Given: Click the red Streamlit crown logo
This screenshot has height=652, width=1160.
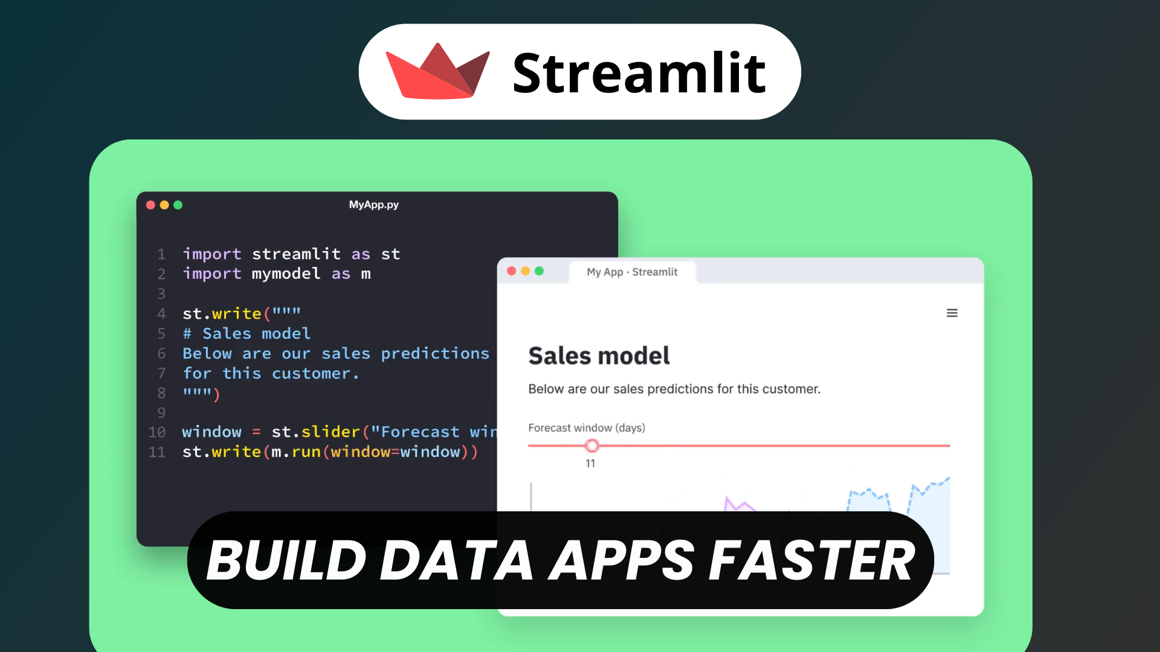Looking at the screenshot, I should [x=437, y=72].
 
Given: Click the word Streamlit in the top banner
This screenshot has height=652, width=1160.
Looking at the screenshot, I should [x=639, y=73].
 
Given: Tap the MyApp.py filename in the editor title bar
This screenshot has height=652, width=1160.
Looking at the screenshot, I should [x=373, y=205].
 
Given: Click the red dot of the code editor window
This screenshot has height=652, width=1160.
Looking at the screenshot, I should [x=150, y=205].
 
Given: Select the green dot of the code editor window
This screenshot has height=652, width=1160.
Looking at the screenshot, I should [x=178, y=205].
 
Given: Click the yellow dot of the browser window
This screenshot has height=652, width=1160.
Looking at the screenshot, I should [x=525, y=271].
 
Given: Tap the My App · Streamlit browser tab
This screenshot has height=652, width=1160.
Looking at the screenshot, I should [x=632, y=272].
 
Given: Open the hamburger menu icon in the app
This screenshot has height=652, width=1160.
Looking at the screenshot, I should [x=952, y=313].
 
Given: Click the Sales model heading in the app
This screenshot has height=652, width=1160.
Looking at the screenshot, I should [x=599, y=356].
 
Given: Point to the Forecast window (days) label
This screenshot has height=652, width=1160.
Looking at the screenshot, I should [x=586, y=428].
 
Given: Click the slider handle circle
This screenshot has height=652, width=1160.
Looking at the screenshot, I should [x=591, y=446].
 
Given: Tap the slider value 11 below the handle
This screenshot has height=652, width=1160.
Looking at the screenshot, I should [x=590, y=464].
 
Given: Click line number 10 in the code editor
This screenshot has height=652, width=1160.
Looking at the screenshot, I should [x=157, y=432].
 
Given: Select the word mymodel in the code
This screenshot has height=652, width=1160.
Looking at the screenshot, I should [x=286, y=273].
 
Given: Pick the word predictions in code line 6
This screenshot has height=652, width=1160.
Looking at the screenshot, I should [x=434, y=353].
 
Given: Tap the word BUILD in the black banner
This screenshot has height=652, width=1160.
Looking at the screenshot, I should [x=286, y=561].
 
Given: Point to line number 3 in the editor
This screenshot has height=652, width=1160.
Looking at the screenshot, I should [x=161, y=294].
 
